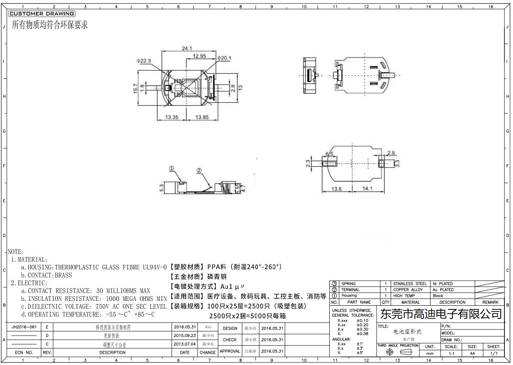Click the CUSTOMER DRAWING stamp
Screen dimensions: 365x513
point(41,14)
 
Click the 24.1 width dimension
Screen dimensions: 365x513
point(187,48)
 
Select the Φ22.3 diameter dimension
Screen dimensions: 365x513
point(144,61)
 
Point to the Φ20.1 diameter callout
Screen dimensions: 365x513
point(224,58)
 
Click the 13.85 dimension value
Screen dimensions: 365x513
point(202,117)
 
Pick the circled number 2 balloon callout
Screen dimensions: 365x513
point(199,170)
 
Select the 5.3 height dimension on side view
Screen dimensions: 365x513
point(162,188)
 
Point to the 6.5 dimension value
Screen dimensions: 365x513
point(329,154)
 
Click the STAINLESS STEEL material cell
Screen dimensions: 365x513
point(409,284)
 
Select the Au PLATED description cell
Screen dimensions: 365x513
point(443,290)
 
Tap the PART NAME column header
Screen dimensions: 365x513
point(359,302)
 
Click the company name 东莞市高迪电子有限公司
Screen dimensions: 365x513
point(441,314)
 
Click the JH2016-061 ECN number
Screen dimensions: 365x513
point(25,327)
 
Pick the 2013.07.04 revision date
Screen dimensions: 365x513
point(185,344)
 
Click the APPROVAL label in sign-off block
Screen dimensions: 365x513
point(230,351)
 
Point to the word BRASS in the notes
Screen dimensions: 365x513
point(63,275)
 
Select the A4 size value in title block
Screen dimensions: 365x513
point(472,353)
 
